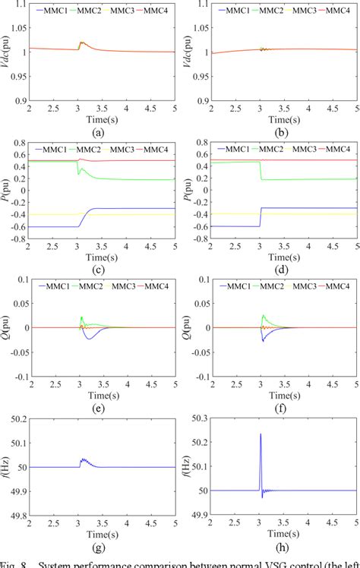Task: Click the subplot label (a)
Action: tap(96, 131)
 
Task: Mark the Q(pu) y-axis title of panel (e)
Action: tap(6, 328)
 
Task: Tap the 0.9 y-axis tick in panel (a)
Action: tap(17, 101)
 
